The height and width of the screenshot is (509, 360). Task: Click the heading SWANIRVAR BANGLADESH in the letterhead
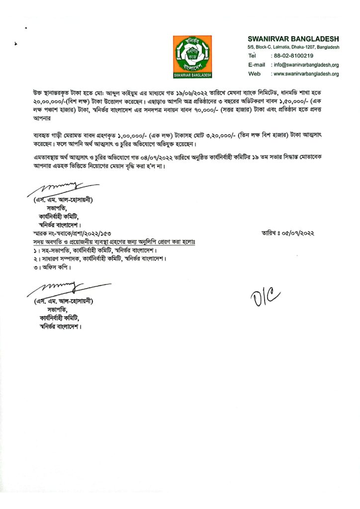click(293, 39)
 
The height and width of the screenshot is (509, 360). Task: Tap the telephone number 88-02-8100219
click(292, 56)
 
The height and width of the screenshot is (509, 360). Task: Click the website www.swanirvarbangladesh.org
click(305, 74)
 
